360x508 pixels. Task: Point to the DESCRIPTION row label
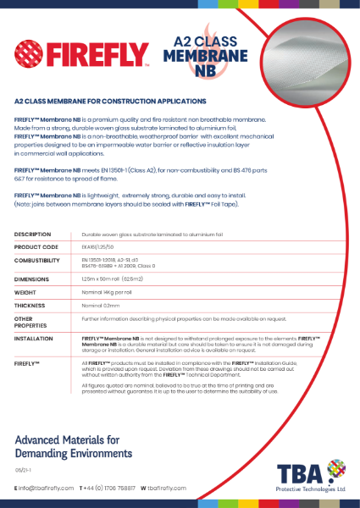(x=33, y=233)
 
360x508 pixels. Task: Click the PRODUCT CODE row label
(x=36, y=246)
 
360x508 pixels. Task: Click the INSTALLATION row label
(x=35, y=338)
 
